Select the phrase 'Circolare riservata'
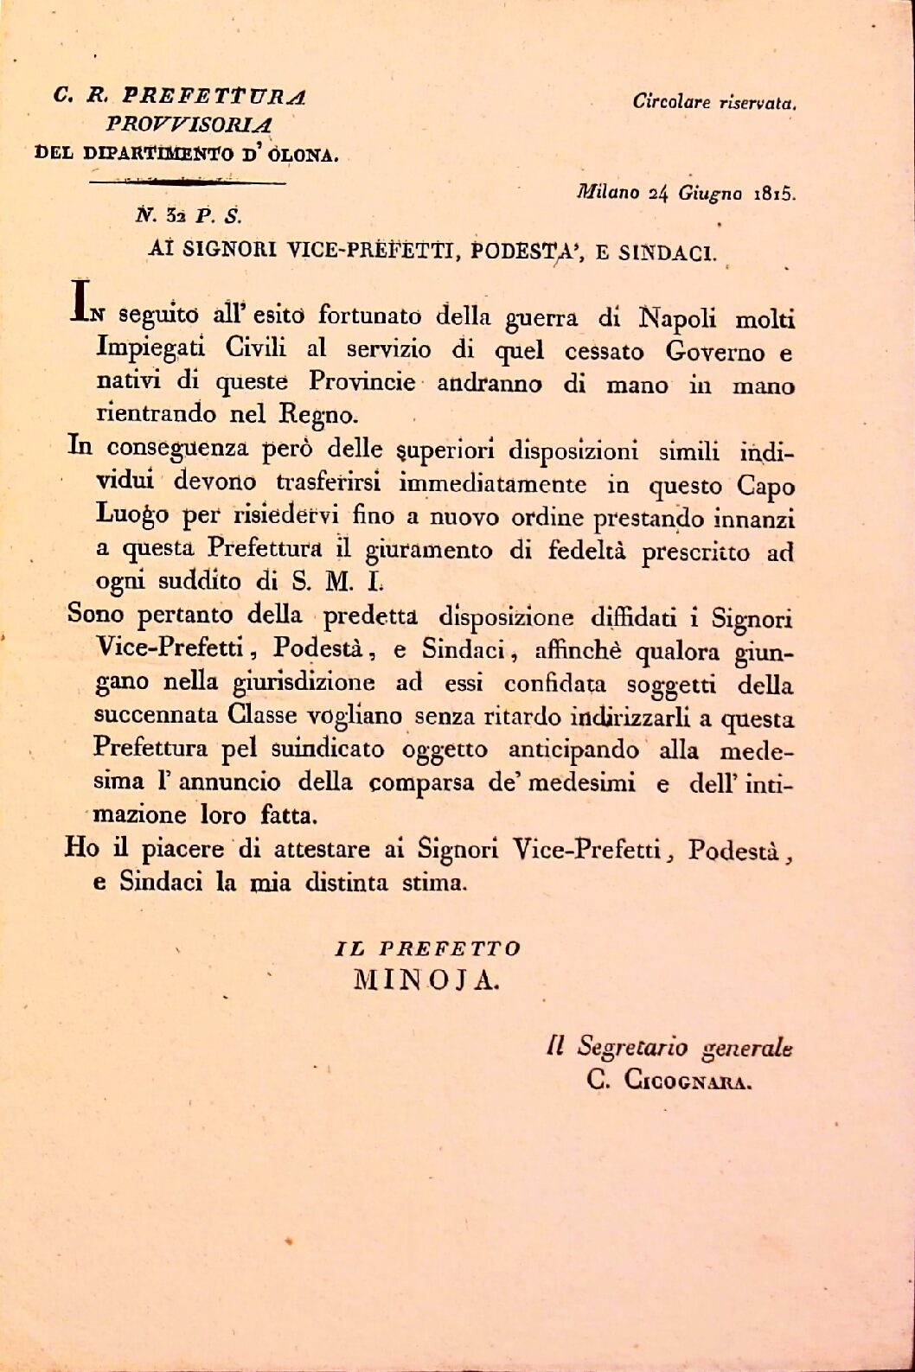tap(713, 101)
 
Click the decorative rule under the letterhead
tap(188, 182)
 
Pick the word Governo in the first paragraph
tap(715, 352)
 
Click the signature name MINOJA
tap(426, 980)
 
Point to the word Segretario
tap(633, 1048)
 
